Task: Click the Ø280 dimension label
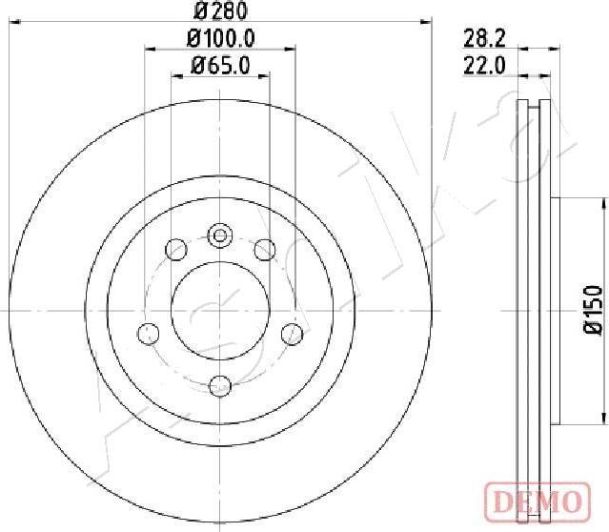point(220,10)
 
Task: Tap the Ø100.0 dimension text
point(220,38)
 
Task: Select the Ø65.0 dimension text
point(220,65)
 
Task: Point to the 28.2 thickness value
point(484,39)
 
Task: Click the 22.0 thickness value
point(484,65)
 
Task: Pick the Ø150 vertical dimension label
point(593,310)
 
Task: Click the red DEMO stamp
point(538,501)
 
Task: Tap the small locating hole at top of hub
point(220,235)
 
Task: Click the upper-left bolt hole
point(176,250)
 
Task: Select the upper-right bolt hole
point(265,250)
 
